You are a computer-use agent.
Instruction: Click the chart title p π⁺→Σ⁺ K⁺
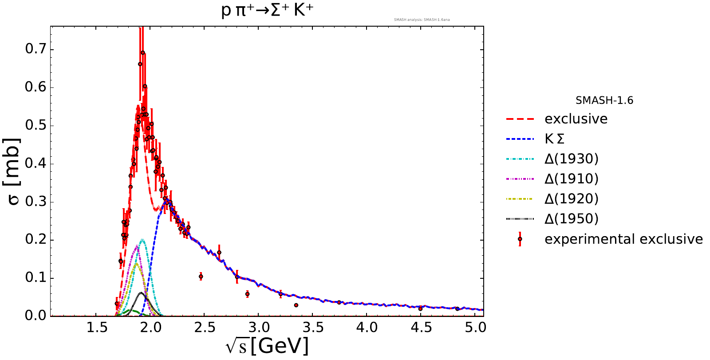click(x=267, y=10)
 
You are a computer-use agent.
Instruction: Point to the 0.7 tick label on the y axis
click(x=35, y=49)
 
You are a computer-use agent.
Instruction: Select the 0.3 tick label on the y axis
click(x=35, y=202)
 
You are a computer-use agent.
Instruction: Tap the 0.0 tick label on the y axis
click(x=35, y=316)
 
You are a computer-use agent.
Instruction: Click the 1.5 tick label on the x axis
click(x=97, y=328)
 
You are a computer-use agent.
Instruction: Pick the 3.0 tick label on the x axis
click(x=259, y=328)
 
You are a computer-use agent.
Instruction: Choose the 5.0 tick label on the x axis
click(x=475, y=328)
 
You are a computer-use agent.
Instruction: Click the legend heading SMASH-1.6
click(x=604, y=101)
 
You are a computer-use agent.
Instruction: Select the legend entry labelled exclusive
click(x=576, y=119)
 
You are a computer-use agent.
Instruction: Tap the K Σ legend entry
click(x=555, y=139)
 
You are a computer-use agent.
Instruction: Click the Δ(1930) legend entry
click(x=572, y=159)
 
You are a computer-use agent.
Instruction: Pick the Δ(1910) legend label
click(x=572, y=179)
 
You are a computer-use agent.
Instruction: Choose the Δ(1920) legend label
click(x=572, y=199)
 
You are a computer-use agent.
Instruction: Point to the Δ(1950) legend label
click(x=572, y=219)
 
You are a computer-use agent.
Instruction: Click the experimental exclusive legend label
click(x=623, y=239)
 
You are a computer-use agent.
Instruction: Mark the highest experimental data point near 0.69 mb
click(x=143, y=53)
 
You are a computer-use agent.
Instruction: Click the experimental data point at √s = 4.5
click(x=420, y=309)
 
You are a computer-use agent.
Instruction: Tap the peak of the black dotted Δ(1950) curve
click(x=142, y=293)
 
